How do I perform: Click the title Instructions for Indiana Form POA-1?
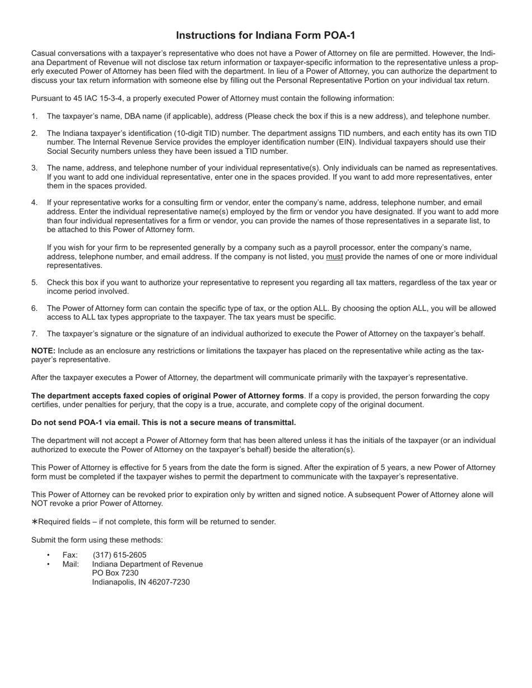tap(265, 35)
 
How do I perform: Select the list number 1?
tap(34, 116)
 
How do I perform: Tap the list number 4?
tap(34, 202)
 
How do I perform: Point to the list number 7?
tap(34, 334)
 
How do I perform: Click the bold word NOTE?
tap(43, 351)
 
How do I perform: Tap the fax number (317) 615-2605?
tap(119, 555)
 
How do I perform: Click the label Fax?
tap(70, 555)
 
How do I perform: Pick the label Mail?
tap(71, 564)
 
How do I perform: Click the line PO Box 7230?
tap(115, 573)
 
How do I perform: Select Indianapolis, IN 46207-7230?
tap(141, 582)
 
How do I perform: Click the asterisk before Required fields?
tap(34, 522)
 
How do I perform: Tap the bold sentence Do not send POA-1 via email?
tap(164, 422)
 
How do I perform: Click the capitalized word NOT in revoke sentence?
tap(40, 503)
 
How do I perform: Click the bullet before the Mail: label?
tap(49, 564)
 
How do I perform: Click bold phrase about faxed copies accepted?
tap(167, 395)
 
